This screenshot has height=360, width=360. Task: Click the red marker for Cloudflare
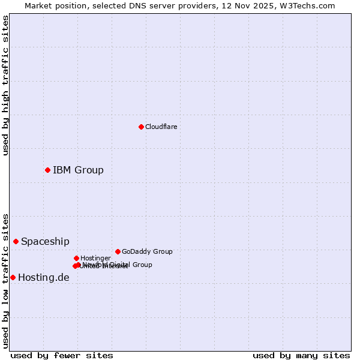tap(141, 127)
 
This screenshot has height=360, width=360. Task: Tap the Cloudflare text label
tap(161, 127)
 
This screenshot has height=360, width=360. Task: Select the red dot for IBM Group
tap(47, 170)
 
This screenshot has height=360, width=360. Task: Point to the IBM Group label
tap(78, 170)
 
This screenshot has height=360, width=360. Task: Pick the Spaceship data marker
tap(16, 241)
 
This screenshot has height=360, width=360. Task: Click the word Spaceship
tap(45, 241)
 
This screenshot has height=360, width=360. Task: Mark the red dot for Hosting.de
tap(13, 277)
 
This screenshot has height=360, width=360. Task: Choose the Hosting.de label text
tap(43, 277)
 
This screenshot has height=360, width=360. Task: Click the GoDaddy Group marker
tap(118, 251)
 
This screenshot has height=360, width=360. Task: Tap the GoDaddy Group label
tap(147, 251)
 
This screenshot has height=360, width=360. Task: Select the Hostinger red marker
tap(76, 258)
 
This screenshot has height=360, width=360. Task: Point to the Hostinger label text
tap(95, 258)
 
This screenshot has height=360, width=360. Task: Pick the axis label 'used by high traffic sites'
tap(5, 85)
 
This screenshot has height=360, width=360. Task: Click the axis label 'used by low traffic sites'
tap(5, 280)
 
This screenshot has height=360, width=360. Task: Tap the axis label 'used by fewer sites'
tap(62, 355)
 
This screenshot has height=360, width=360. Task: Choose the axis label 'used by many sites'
tap(301, 355)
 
